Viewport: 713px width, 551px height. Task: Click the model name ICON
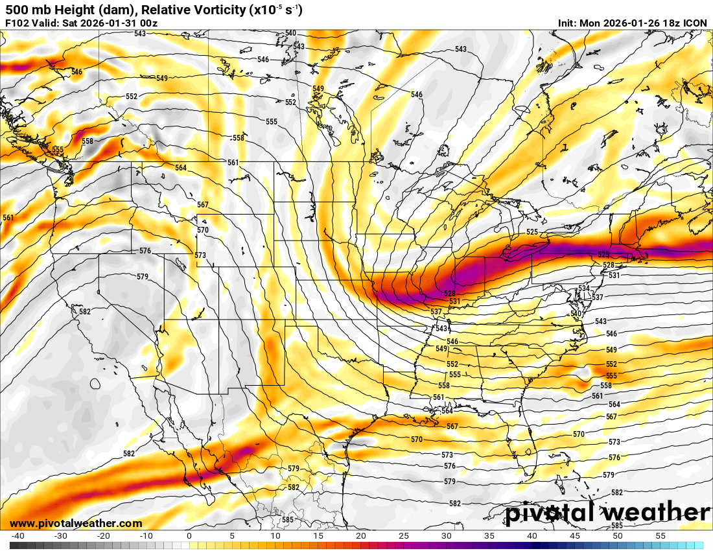click(696, 23)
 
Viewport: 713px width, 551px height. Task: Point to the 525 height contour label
click(532, 232)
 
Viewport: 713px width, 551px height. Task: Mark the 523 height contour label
click(603, 255)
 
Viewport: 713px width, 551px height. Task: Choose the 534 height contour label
click(584, 288)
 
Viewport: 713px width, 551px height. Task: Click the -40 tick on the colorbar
click(18, 536)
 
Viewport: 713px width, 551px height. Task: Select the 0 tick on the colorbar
click(189, 536)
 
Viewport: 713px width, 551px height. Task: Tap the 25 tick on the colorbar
click(403, 536)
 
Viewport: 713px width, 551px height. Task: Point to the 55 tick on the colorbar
click(660, 536)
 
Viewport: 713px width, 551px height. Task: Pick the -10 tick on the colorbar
click(146, 536)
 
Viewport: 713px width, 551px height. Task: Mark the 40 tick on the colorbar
click(532, 536)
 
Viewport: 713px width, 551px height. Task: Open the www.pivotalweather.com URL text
click(76, 523)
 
